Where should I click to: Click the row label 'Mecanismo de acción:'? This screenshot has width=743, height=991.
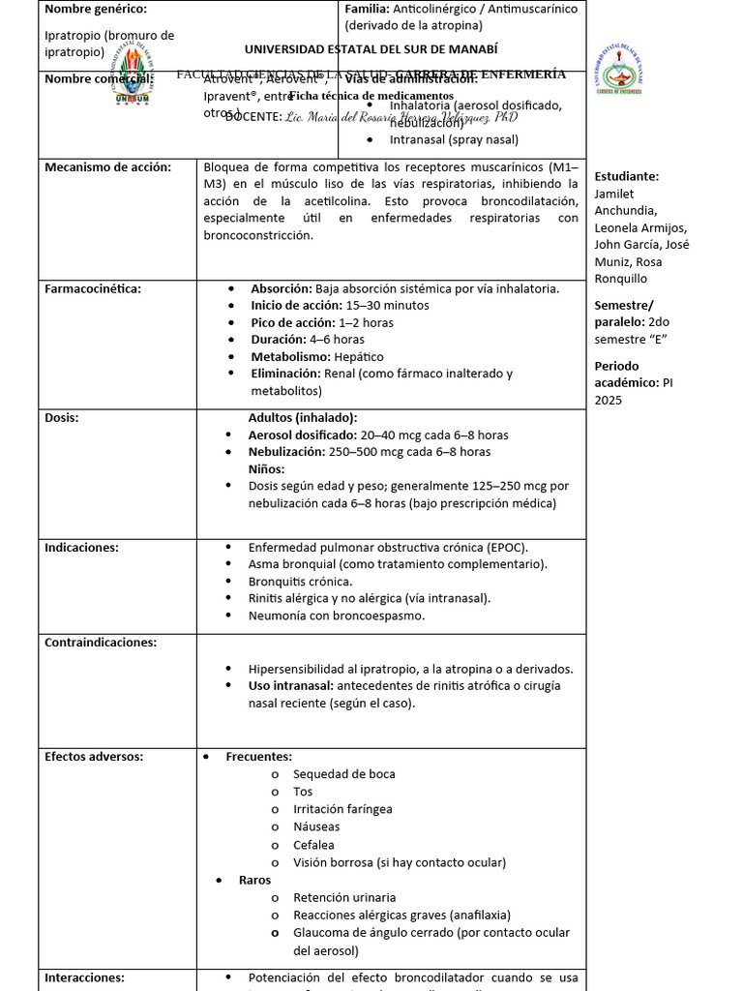click(x=107, y=167)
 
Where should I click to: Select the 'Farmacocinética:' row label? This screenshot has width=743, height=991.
click(x=93, y=288)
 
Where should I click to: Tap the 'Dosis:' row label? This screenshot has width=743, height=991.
click(x=62, y=418)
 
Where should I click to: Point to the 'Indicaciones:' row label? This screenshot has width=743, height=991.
click(x=81, y=548)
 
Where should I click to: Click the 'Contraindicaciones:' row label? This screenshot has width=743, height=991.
click(x=101, y=643)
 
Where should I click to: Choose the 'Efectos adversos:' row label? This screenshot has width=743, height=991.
click(x=94, y=757)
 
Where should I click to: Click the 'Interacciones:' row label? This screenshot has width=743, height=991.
click(x=84, y=977)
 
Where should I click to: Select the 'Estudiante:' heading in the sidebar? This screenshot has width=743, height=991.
click(x=626, y=177)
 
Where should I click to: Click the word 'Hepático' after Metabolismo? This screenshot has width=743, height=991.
click(x=345, y=357)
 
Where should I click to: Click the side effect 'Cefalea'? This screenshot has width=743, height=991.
click(x=313, y=845)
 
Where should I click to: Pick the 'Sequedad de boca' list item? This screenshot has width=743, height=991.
click(x=343, y=774)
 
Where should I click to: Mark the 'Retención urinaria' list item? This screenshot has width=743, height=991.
click(x=344, y=897)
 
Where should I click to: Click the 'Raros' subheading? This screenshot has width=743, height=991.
click(x=254, y=880)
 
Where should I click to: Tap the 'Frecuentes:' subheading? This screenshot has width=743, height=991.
click(x=258, y=757)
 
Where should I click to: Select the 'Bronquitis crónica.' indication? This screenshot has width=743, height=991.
click(x=300, y=582)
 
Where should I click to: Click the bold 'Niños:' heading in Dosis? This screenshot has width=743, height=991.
click(x=266, y=469)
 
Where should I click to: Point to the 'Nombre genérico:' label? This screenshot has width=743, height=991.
click(x=96, y=10)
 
